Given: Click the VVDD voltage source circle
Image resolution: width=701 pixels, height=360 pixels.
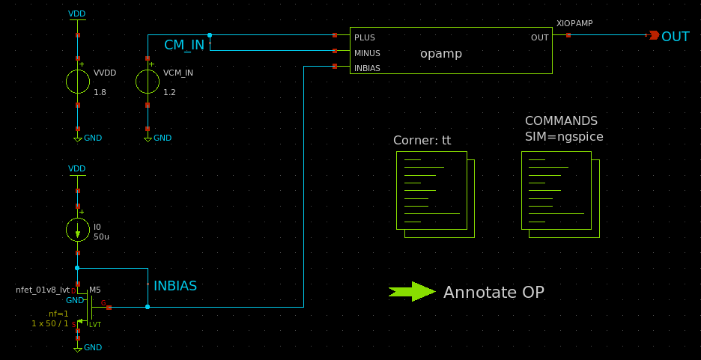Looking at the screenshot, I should pos(78,82).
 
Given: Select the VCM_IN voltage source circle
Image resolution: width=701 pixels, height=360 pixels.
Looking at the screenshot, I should pos(148,82).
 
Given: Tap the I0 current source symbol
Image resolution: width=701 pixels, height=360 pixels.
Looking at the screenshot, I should pos(78,231).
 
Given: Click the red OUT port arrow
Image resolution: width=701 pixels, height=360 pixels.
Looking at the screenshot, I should pos(653,35).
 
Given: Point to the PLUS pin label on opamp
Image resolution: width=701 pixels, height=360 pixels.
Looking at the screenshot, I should pos(365,37).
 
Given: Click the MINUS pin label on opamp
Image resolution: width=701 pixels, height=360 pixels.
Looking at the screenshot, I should pos(367,53).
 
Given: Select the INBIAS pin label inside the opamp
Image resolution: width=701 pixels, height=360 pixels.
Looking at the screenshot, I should pos(367,68).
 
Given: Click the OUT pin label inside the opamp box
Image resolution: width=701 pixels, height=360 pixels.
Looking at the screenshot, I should pos(539,37).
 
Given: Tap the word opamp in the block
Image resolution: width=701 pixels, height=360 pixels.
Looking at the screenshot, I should pos(441,54).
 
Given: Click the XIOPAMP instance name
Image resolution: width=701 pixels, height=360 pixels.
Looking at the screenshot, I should pos(574,24).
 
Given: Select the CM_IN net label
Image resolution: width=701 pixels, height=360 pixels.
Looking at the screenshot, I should pos(184,45).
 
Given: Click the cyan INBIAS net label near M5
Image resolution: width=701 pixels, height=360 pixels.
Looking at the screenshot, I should pos(175,286).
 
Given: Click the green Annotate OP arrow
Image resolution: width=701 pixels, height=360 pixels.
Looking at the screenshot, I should pos(412,292).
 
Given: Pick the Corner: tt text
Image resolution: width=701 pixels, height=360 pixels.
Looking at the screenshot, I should pos(422,141).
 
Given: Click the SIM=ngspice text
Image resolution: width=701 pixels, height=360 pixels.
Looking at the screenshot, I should pos(564,137).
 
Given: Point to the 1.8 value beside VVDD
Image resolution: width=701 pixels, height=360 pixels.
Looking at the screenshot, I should pos(100,92).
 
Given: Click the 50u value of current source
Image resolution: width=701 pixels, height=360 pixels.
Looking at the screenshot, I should pos(101,237).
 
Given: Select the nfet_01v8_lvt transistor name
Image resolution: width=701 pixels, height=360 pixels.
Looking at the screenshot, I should pos(42,290).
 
